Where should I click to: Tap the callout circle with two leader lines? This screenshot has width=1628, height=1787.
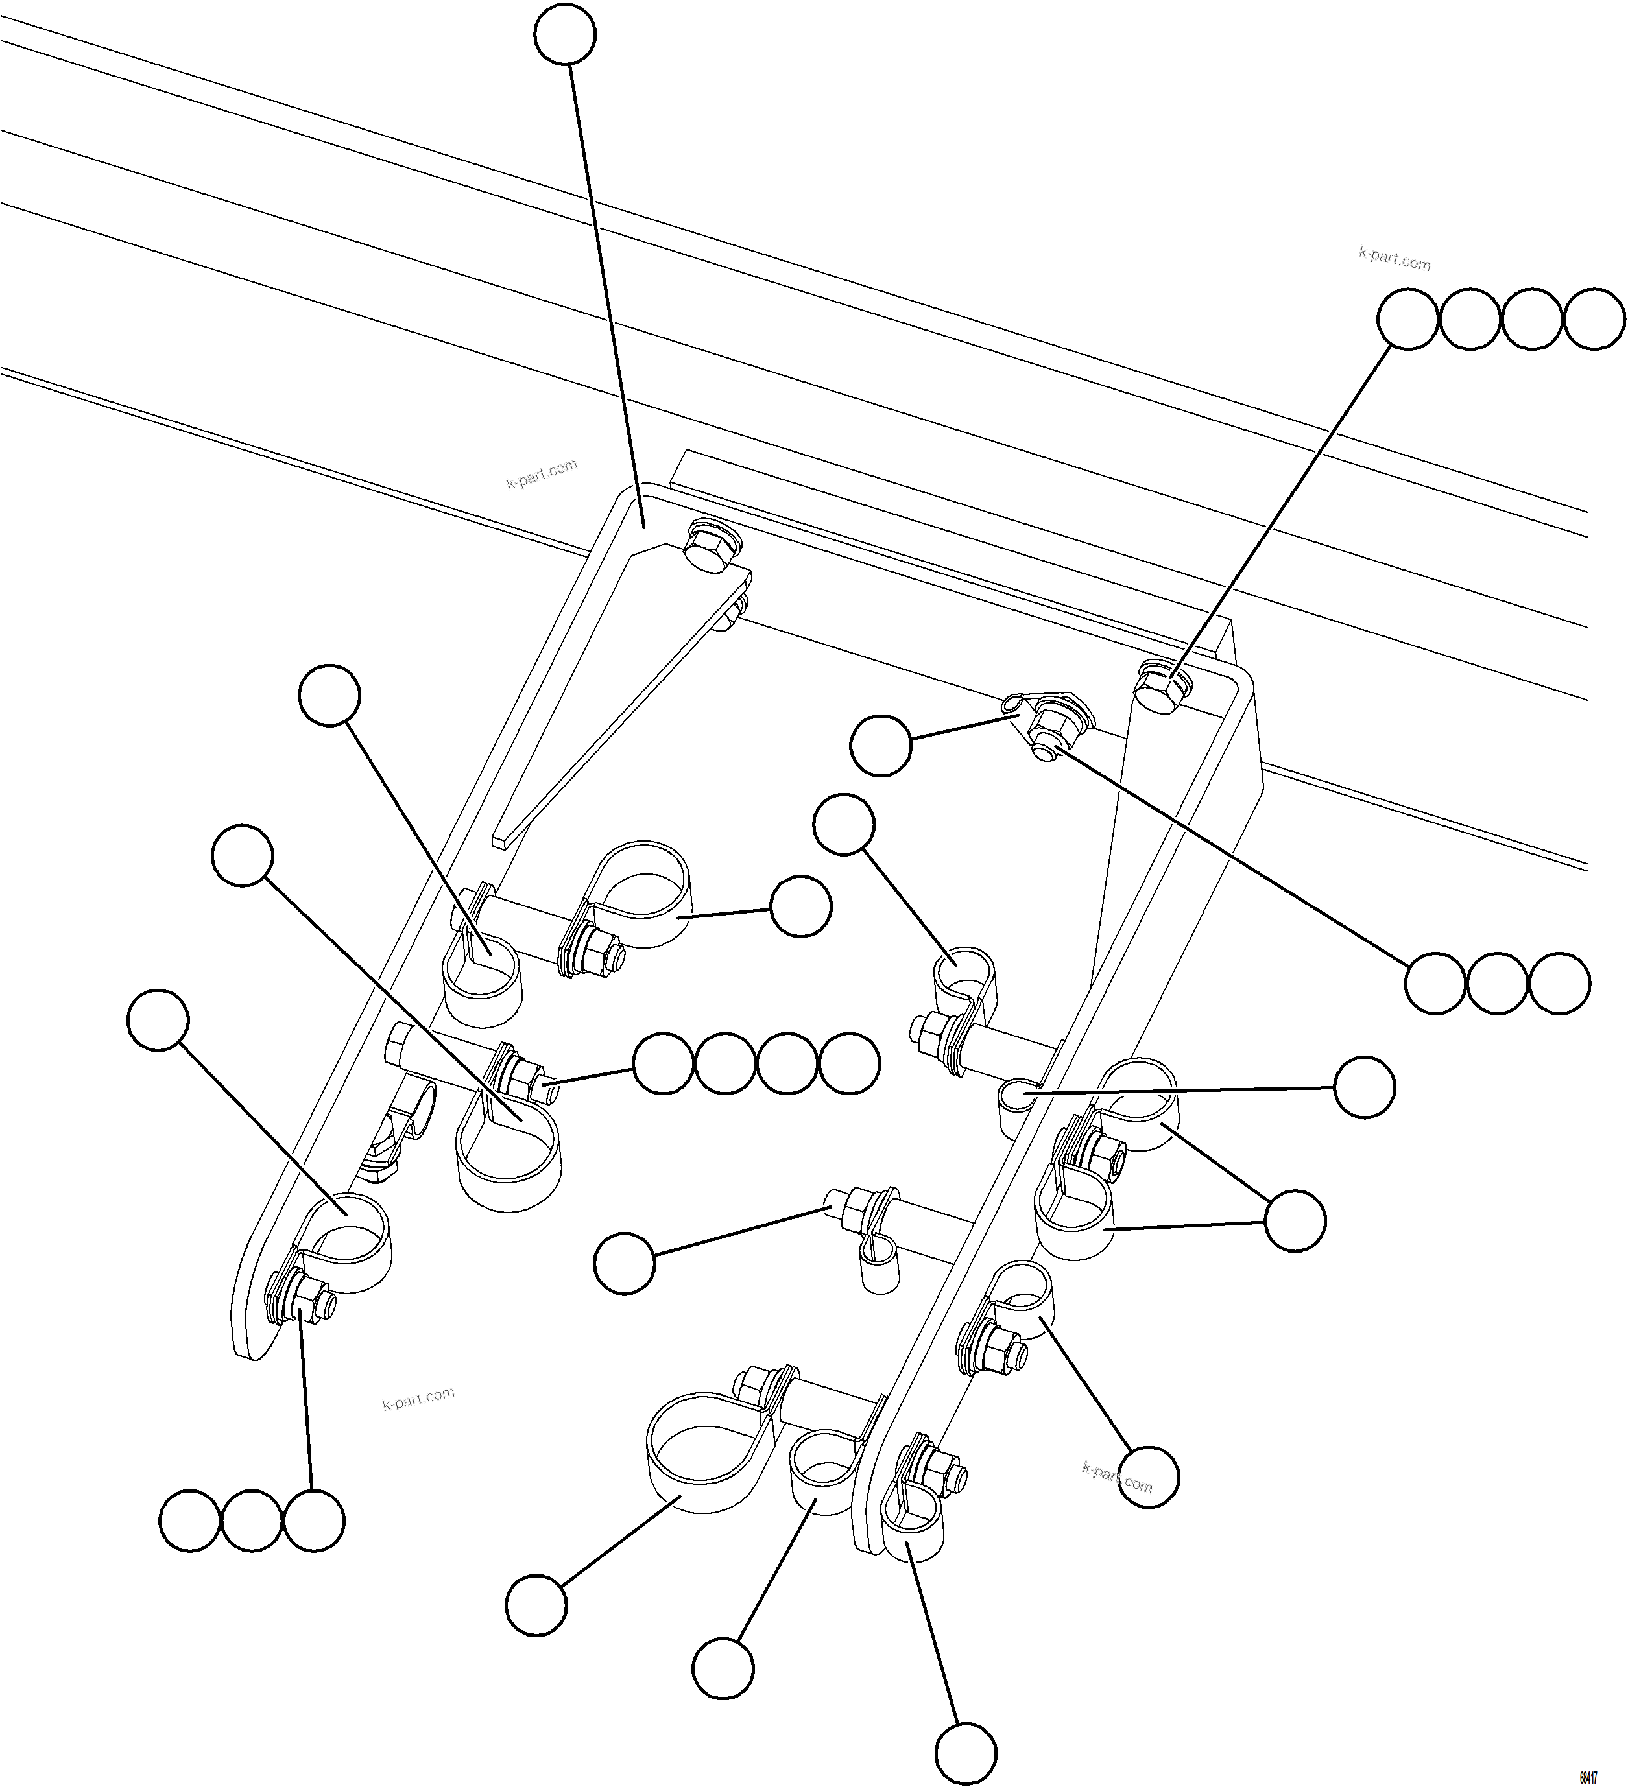(1295, 1220)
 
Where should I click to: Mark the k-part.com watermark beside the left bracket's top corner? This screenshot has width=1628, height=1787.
(541, 474)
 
